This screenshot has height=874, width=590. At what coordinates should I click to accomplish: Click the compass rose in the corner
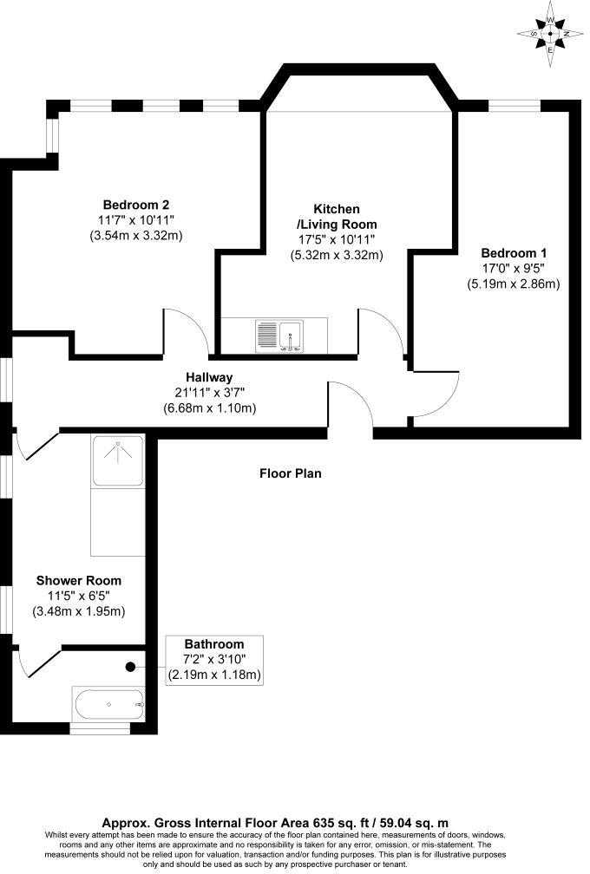(x=550, y=34)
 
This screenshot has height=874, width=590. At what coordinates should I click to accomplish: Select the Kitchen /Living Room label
(x=336, y=218)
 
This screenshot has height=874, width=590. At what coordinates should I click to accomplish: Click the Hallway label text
(x=209, y=377)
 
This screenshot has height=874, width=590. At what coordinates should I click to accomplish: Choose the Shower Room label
(x=78, y=580)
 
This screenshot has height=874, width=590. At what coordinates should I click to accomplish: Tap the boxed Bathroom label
(x=213, y=644)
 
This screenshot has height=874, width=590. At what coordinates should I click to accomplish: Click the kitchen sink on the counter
(x=279, y=335)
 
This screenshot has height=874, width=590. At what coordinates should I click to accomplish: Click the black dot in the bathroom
(x=130, y=667)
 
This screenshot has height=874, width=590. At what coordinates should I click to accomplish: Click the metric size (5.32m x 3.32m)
(x=336, y=255)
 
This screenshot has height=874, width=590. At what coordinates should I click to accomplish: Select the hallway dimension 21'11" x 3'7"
(x=209, y=393)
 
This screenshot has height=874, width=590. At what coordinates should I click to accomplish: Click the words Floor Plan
(x=290, y=473)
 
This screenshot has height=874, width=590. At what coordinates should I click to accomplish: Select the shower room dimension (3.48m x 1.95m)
(x=79, y=611)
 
